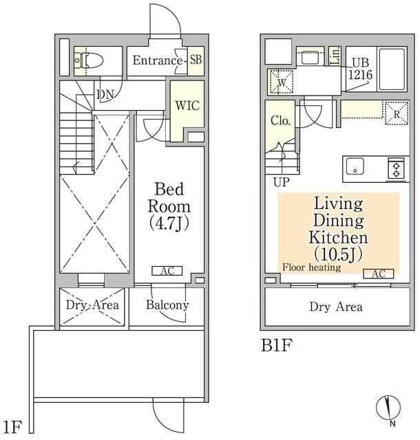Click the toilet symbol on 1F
coord(87,60)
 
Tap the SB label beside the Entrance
coord(196,60)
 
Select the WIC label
coord(187,105)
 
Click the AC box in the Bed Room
coord(167,271)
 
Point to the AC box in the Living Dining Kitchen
coord(379,274)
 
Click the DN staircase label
coord(105,95)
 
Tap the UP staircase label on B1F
coord(282,182)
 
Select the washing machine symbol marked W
coord(282,82)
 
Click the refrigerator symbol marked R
coord(397,113)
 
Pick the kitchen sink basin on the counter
coord(355,166)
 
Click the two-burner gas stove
coord(397,168)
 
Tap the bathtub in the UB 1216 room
coord(392,69)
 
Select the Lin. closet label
coord(335,56)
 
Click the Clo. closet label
coord(280,121)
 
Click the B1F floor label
coord(276,345)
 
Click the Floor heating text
coord(311,267)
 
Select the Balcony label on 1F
coord(167,305)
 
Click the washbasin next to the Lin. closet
coord(310,57)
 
